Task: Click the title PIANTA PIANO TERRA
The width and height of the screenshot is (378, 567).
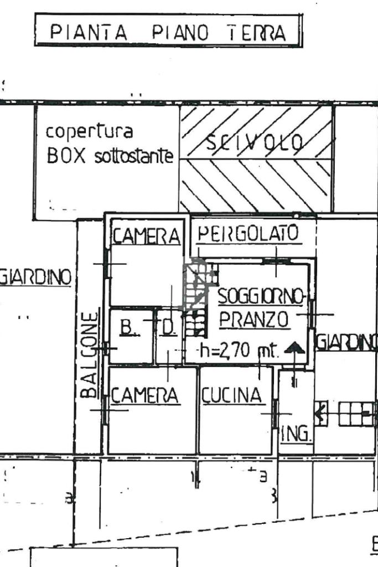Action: (x=168, y=33)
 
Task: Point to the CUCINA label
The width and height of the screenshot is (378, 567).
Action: (x=230, y=395)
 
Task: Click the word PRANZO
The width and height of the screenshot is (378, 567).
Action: (x=254, y=319)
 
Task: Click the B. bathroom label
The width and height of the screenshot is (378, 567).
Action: (x=128, y=328)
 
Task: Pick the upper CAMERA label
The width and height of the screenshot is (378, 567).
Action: (x=147, y=236)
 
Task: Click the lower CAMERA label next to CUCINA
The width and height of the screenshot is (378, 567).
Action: (x=145, y=395)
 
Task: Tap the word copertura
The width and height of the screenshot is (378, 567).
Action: (x=89, y=133)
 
